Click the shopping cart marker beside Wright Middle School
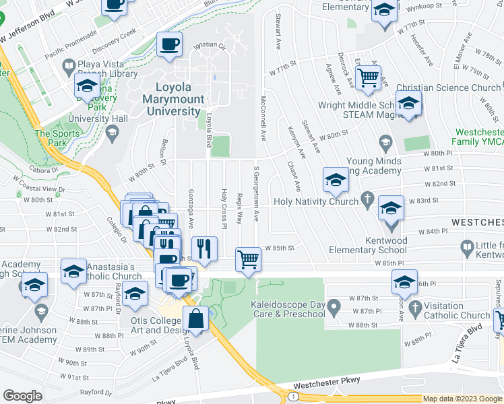(x=368, y=78)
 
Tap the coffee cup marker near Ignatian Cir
(x=169, y=45)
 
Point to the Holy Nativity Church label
(x=317, y=201)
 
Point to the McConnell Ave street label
(x=263, y=119)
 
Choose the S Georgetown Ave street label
(x=256, y=193)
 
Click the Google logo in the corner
(x=22, y=396)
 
